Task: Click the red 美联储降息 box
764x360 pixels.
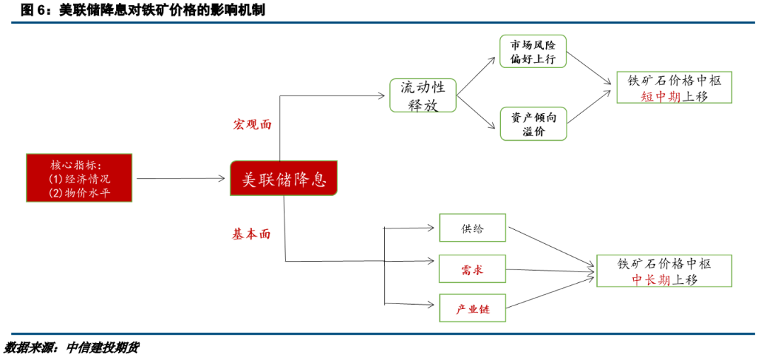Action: [x=284, y=179]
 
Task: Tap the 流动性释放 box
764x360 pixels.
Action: [x=423, y=95]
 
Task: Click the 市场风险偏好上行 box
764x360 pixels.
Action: [x=533, y=52]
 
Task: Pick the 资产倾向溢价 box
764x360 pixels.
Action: [x=533, y=124]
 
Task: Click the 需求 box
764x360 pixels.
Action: [x=472, y=269]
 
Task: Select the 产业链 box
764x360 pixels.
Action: [x=472, y=309]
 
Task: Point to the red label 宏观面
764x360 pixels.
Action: [x=253, y=124]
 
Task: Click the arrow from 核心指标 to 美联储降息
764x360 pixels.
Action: [x=180, y=179]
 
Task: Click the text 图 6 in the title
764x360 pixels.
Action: [x=34, y=10]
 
